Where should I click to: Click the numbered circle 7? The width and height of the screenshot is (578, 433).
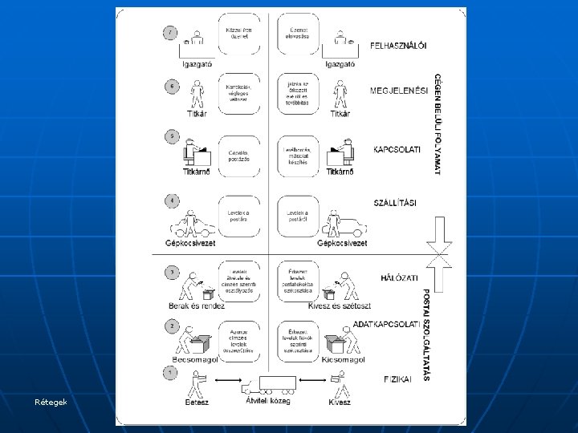170,33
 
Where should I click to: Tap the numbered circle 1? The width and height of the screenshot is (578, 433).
170,372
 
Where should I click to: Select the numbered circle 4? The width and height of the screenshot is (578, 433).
170,200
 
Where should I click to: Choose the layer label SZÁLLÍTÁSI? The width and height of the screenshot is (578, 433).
395,203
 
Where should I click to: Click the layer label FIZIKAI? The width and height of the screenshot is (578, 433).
396,378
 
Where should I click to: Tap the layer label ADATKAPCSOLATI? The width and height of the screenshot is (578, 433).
387,324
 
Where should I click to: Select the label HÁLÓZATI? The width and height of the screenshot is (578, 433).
398,277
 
